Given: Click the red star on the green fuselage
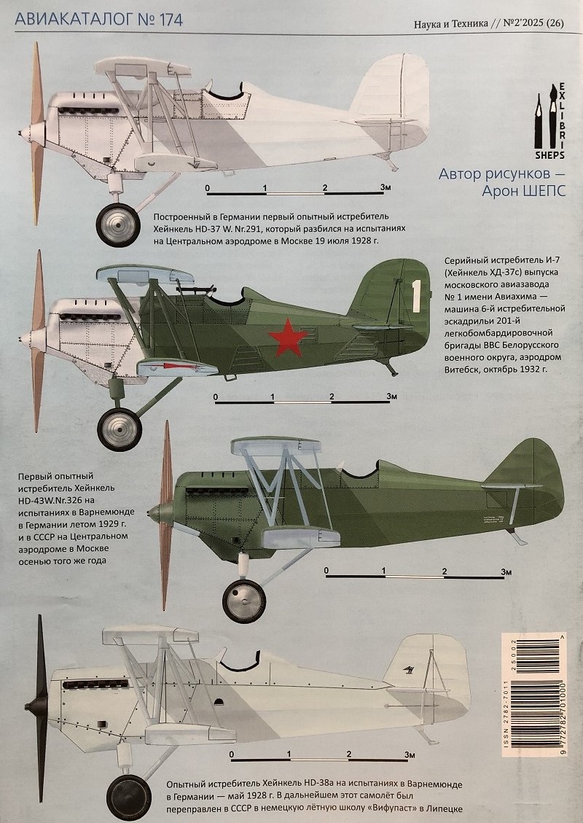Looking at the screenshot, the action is coord(287,338).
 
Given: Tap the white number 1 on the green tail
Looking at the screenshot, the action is coord(416,297).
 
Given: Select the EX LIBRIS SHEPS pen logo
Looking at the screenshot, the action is coord(549,121).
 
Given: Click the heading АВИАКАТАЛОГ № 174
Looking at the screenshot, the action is coord(98,20).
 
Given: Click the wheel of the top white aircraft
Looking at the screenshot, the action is coord(118,225).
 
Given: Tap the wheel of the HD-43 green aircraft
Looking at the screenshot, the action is coord(244,601).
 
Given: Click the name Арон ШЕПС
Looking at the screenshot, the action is coord(524,191).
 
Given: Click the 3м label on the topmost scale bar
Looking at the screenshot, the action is coord(386,187).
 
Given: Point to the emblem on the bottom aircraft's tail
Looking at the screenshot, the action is coord(408,668).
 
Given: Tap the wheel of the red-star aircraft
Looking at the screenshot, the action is coord(119,429).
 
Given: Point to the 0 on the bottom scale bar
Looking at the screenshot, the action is coord(232,754).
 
